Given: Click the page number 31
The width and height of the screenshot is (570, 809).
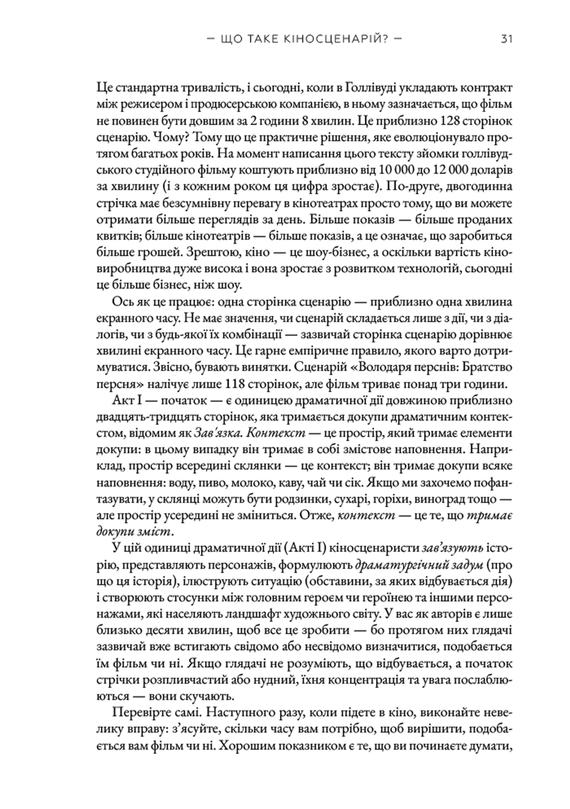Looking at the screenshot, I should pos(506,39).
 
